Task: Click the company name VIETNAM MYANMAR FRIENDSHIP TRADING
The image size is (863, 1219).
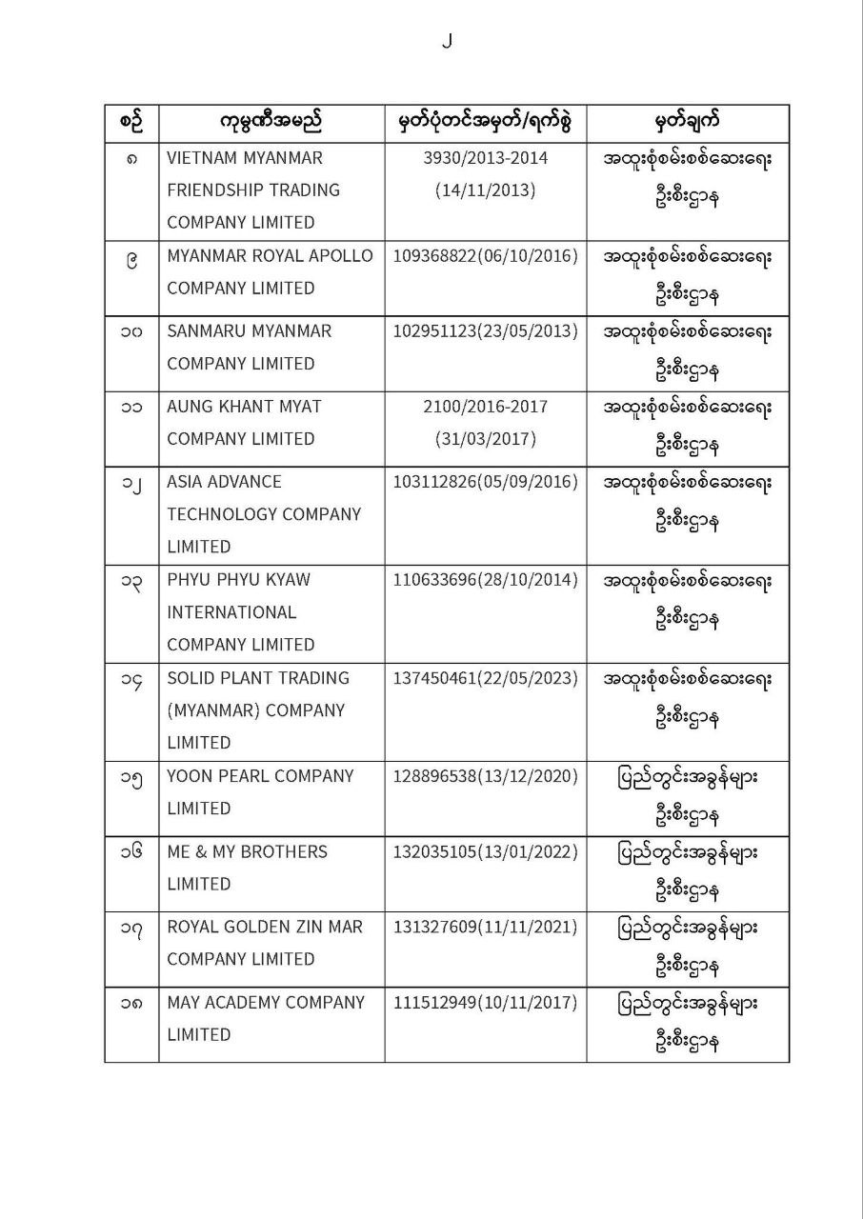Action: point(253,190)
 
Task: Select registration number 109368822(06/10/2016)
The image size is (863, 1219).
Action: point(485,256)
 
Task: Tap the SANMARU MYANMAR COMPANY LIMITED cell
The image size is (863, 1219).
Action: point(250,348)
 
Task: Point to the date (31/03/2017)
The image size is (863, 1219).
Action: point(485,439)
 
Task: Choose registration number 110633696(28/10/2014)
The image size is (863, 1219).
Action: point(485,580)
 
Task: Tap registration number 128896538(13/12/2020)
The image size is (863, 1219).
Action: point(485,776)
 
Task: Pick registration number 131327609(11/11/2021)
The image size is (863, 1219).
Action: point(485,927)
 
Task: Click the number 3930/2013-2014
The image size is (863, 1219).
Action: point(485,157)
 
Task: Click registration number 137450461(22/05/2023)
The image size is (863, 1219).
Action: point(485,678)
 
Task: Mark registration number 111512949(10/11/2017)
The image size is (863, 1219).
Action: point(485,1003)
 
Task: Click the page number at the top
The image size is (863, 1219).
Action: point(446,40)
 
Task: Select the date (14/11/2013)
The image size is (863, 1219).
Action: point(485,190)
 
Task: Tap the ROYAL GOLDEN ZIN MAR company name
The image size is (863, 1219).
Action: point(265,927)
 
